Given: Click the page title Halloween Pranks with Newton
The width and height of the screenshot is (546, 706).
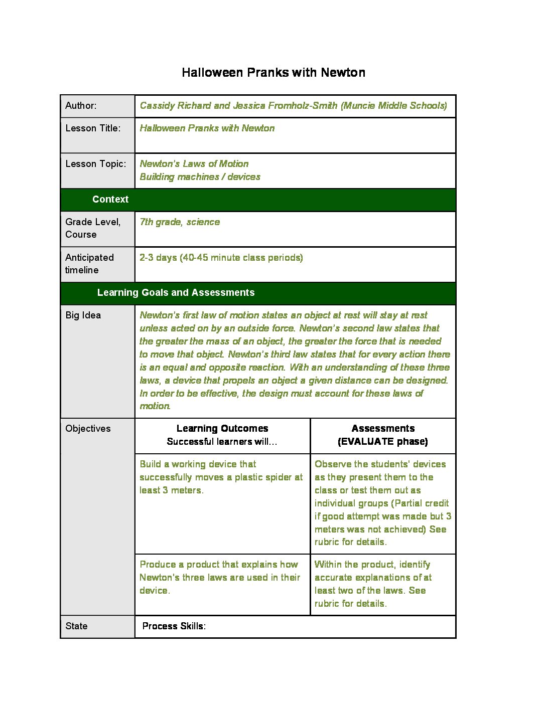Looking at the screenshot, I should point(273,73).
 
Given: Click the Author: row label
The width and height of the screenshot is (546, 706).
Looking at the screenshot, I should point(81,106).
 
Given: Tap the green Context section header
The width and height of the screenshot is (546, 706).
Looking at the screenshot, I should point(110,200).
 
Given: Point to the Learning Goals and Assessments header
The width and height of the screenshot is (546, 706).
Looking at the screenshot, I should point(176,293).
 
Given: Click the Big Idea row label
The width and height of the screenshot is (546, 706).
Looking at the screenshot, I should point(83,315).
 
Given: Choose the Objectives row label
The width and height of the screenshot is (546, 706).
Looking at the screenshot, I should point(88,429).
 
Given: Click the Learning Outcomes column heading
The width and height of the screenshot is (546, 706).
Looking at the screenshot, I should point(222,429).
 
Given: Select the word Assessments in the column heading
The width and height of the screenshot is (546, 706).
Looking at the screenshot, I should point(383,429).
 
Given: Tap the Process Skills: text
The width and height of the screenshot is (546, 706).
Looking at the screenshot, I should point(174,626).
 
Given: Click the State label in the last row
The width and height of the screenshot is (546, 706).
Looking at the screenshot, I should point(76,626).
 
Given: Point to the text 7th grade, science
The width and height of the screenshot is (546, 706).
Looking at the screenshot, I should point(180,222).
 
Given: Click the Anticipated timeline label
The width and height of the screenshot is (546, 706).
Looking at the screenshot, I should point(89,264).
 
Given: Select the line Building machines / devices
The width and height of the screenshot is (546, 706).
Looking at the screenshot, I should point(200,177).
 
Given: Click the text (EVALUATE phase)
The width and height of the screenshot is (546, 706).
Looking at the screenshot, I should point(383,442).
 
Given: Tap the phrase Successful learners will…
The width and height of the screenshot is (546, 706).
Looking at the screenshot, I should point(222,442).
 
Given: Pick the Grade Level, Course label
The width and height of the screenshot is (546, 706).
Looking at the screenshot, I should point(92,228).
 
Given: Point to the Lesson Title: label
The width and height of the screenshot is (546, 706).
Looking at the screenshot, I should point(93,128).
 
